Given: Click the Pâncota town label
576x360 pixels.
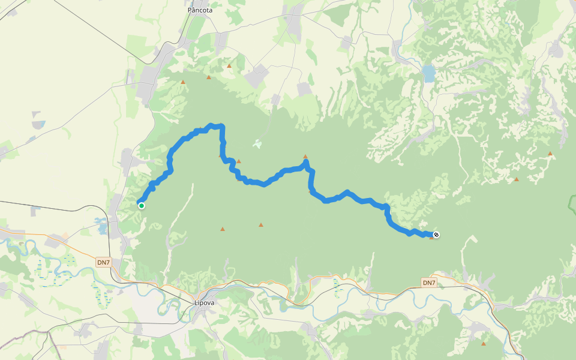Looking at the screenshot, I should click(x=200, y=10).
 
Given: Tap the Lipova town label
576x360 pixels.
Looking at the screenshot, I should click(x=204, y=302).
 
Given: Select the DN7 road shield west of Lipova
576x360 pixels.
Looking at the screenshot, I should click(x=103, y=262).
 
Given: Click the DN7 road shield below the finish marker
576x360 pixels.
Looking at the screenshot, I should click(x=428, y=283).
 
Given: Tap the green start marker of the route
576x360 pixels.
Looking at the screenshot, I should click(x=142, y=206).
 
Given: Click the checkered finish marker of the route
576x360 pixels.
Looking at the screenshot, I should click(x=436, y=235).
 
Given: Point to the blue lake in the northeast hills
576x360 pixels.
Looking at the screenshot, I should click(x=428, y=73).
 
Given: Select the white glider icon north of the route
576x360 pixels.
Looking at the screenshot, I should click(x=257, y=144).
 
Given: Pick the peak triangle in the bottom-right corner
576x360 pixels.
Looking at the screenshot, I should click(x=484, y=343).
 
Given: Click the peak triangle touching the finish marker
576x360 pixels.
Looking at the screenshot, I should click(x=431, y=238).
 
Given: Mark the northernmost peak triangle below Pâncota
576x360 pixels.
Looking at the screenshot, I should click(x=229, y=65).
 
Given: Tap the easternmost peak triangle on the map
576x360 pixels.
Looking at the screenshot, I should click(x=550, y=154).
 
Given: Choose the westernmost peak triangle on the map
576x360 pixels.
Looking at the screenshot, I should click(x=183, y=82).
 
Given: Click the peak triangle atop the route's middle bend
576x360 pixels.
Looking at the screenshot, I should click(x=305, y=156).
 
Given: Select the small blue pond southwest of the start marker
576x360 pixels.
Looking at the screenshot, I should click(x=101, y=228).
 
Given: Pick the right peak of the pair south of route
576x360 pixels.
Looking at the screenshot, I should click(x=260, y=225).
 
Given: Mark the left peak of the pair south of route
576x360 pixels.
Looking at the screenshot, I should click(x=223, y=229).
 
